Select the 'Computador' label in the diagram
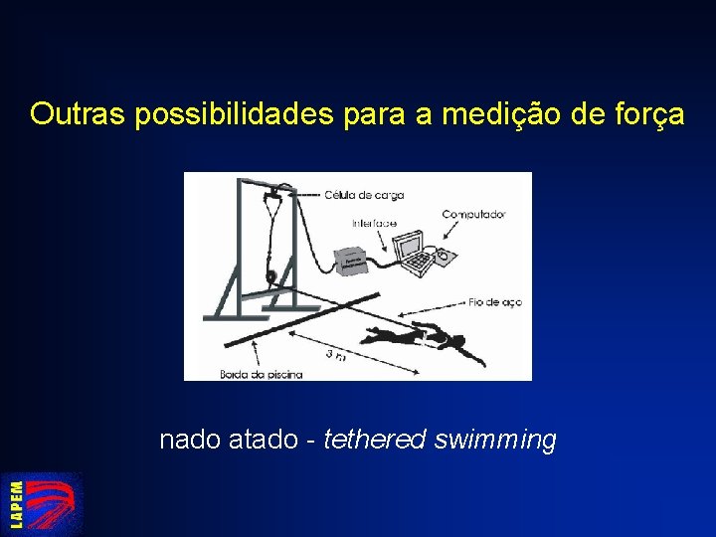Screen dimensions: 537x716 [473, 214]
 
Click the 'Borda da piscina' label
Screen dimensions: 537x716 [261, 374]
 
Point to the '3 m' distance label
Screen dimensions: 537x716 [336, 354]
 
